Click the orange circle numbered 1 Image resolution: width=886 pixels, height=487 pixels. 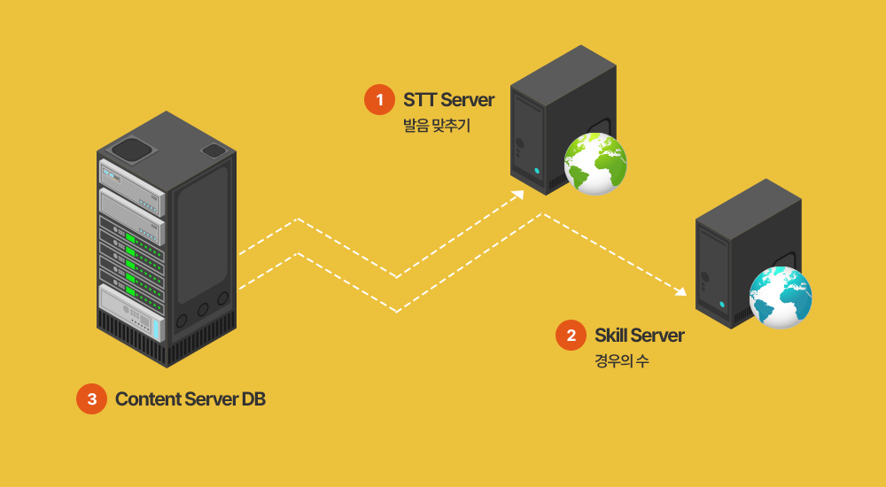379,100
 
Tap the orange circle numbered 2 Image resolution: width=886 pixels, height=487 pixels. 571,336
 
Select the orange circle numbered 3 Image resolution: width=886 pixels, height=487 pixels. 91,399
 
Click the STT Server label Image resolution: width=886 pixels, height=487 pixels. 448,99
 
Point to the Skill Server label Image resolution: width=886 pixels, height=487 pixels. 639,336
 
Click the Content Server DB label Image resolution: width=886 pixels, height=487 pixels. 190,399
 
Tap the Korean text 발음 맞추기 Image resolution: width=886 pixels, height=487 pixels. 436,127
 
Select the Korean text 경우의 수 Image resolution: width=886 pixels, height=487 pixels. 621,361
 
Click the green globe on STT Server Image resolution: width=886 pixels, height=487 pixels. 595,164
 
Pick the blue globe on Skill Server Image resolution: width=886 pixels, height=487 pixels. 781,297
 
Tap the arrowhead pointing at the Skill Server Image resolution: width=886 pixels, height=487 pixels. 681,290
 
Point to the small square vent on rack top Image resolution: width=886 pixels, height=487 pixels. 214,151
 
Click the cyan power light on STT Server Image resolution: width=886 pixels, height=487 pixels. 536,170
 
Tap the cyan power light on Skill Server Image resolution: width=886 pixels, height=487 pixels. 721,304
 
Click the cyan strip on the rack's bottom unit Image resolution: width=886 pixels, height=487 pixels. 156,329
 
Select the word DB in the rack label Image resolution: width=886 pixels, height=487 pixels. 253,399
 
